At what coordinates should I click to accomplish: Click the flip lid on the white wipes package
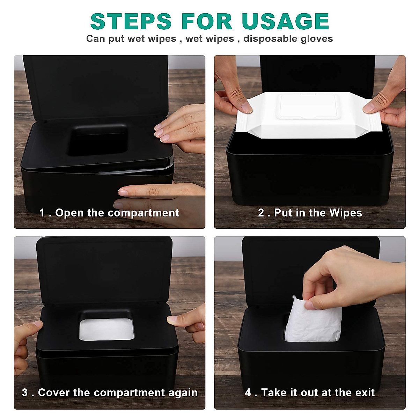pyautogui.click(x=307, y=106)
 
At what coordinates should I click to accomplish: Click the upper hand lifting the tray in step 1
pyautogui.click(x=182, y=126)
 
